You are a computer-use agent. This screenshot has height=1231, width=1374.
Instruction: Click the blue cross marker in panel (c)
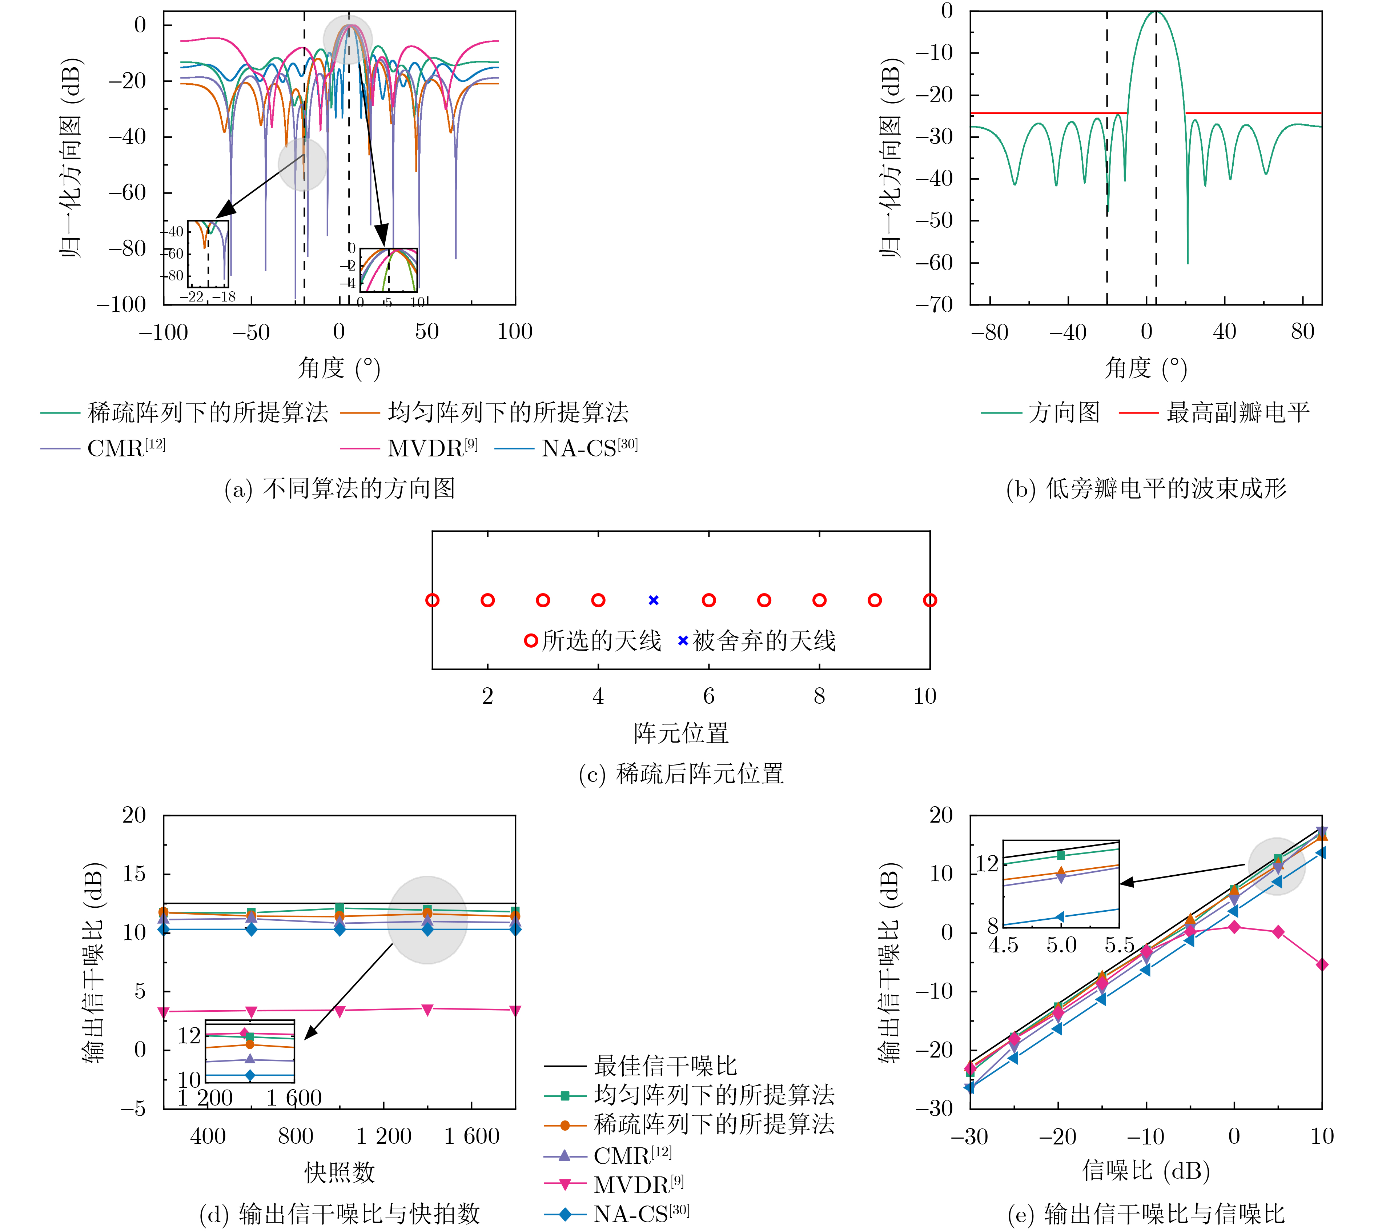tap(653, 600)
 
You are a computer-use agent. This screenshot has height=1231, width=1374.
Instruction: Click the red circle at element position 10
tap(930, 600)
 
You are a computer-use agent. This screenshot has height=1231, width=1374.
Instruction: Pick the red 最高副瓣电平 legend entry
tap(1237, 412)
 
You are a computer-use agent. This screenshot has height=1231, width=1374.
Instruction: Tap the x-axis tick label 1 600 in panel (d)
tap(471, 1136)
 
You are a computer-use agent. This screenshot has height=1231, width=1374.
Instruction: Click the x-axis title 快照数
tap(340, 1172)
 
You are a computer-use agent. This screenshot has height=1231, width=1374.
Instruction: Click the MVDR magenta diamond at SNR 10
tap(1322, 964)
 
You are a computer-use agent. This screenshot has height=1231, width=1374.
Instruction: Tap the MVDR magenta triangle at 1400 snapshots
tap(427, 1009)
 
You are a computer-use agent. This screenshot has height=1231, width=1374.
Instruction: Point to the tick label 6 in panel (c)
tap(709, 696)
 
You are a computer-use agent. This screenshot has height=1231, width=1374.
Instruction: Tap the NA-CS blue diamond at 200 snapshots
tap(164, 929)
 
